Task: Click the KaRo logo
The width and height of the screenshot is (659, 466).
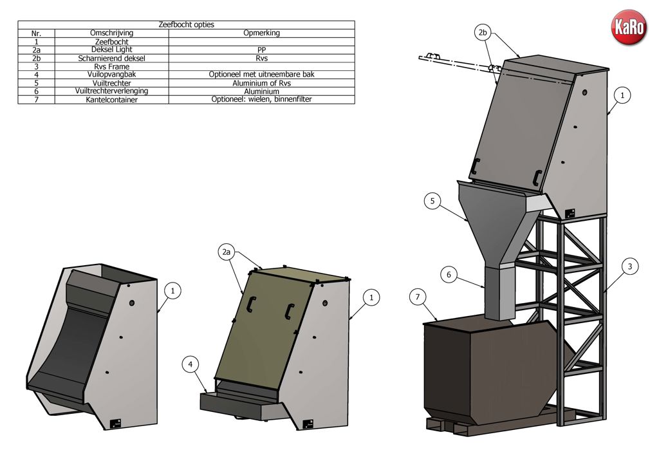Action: pyautogui.click(x=628, y=28)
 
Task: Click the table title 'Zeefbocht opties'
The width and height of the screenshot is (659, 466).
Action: pyautogui.click(x=186, y=24)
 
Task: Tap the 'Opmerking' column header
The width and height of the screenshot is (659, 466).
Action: pyautogui.click(x=261, y=33)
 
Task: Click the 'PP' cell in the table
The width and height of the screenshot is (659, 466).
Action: pyautogui.click(x=261, y=50)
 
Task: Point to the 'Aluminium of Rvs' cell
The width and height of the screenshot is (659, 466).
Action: pyautogui.click(x=261, y=83)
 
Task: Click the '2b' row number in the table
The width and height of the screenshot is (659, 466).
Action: pyautogui.click(x=37, y=58)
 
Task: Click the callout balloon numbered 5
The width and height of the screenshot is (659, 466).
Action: pyautogui.click(x=432, y=201)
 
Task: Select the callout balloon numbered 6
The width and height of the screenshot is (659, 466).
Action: pyautogui.click(x=450, y=275)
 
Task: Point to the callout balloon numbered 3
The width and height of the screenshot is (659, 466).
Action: pyautogui.click(x=630, y=265)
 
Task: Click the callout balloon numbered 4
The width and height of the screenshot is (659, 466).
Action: pyautogui.click(x=190, y=364)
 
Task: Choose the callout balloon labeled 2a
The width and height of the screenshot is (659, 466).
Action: pyautogui.click(x=226, y=253)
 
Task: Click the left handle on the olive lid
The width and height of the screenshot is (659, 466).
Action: pyautogui.click(x=250, y=304)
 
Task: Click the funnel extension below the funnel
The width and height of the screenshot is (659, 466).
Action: pyautogui.click(x=500, y=293)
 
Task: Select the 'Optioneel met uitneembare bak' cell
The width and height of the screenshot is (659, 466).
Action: pyautogui.click(x=261, y=75)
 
